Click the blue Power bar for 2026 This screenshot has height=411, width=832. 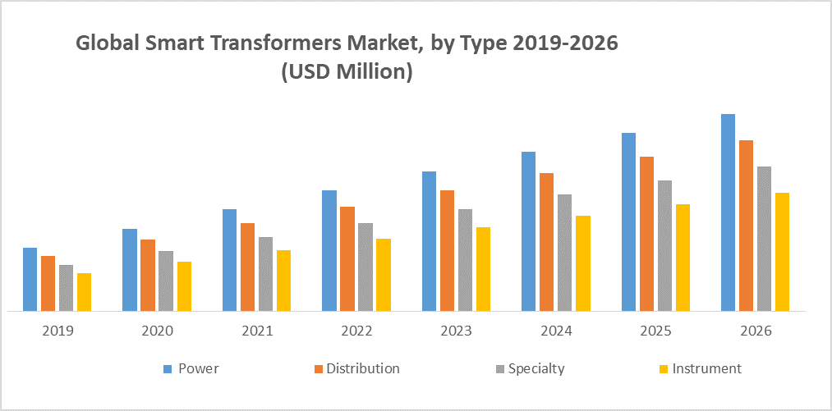click(728, 212)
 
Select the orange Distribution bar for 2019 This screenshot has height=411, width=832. click(48, 284)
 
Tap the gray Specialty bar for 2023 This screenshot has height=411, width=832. click(465, 260)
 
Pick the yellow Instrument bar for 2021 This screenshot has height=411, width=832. click(283, 281)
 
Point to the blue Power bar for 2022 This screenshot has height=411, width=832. click(329, 251)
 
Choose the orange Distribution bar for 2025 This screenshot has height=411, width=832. click(646, 234)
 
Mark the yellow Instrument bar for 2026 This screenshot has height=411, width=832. click(782, 252)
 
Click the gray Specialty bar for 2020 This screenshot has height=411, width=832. click(166, 281)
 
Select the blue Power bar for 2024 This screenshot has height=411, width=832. click(528, 231)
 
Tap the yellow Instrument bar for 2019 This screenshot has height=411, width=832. click(84, 292)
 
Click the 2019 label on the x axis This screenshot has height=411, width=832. click(57, 332)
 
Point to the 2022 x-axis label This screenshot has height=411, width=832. click(356, 332)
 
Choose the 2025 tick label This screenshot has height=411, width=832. click(655, 332)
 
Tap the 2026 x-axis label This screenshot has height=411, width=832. click(755, 332)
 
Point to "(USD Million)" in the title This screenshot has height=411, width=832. click(347, 71)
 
